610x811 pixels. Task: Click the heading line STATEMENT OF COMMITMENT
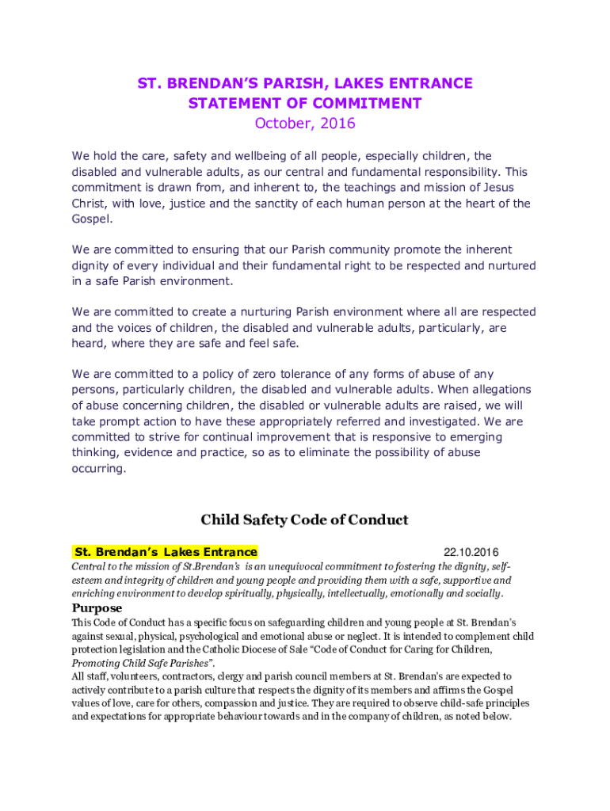pos(305,104)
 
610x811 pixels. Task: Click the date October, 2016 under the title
pos(305,124)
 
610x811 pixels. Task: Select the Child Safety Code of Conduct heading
pos(305,520)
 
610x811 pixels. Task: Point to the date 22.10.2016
pos(471,552)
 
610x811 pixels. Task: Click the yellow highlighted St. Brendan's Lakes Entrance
pos(166,552)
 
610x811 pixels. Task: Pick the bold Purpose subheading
pos(97,608)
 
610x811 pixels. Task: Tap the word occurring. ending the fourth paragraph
pos(99,469)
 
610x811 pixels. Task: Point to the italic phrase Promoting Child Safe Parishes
pos(145,662)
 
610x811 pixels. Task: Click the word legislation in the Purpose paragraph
pos(135,649)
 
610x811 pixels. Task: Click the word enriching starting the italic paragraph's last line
pos(94,593)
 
